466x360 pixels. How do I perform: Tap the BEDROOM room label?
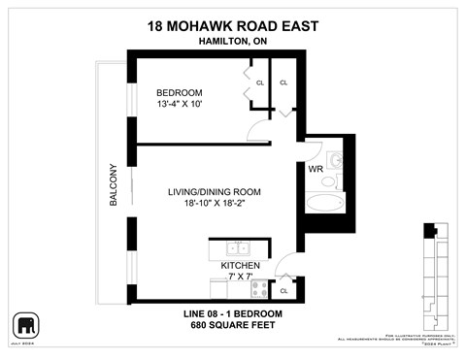181,93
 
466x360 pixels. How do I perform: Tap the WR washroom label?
316,169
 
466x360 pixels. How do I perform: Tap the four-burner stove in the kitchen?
260,286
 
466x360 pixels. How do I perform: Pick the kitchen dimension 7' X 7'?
239,277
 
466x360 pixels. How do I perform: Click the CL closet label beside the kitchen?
283,289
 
